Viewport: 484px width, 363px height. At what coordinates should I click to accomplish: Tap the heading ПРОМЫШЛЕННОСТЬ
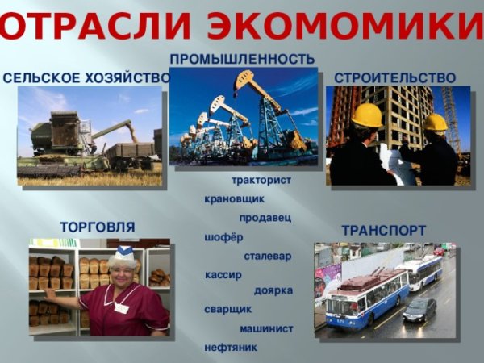tap(242, 60)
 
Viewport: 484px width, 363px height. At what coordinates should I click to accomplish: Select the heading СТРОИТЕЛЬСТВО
tap(395, 78)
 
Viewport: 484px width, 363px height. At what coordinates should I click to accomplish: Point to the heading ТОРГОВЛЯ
tap(98, 227)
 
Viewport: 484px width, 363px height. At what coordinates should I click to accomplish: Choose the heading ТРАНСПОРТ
tap(384, 231)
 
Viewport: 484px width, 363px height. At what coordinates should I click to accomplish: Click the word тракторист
tap(261, 180)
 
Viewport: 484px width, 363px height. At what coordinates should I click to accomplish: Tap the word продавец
tap(265, 218)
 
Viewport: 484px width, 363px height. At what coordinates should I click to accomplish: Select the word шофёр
tap(223, 237)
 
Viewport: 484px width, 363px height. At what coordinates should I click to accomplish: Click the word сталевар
tap(268, 257)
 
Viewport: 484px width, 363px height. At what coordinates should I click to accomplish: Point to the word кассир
tap(224, 275)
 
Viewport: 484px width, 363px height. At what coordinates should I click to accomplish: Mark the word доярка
tap(273, 290)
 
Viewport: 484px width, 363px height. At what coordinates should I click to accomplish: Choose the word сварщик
tap(228, 309)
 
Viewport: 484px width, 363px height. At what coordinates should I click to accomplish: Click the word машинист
tap(266, 328)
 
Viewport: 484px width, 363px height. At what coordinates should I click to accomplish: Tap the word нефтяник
tap(231, 348)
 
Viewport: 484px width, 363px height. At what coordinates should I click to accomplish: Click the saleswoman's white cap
tap(123, 256)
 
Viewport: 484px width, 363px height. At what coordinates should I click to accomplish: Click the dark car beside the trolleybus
tap(419, 309)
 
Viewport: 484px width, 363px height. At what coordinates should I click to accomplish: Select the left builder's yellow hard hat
tap(367, 115)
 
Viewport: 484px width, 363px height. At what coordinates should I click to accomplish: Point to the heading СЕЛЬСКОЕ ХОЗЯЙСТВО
tap(86, 78)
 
